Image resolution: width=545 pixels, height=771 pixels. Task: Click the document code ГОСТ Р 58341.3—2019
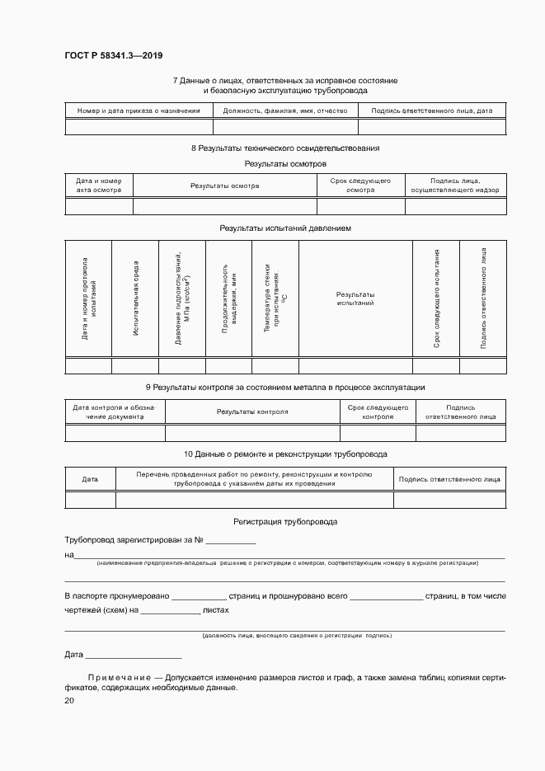click(x=114, y=55)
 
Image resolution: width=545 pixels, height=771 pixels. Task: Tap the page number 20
click(x=69, y=700)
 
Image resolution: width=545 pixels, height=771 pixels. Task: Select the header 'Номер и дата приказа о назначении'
click(x=139, y=110)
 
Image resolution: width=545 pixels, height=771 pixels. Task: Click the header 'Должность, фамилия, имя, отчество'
click(x=285, y=110)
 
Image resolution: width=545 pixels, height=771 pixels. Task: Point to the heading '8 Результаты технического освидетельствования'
click(x=284, y=148)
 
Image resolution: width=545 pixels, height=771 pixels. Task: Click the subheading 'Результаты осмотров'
click(x=284, y=164)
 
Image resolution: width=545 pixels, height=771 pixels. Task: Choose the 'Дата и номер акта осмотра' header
click(x=98, y=186)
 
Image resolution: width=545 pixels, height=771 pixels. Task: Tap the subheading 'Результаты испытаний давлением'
click(x=284, y=228)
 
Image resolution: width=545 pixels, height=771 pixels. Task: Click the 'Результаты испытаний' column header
click(x=355, y=299)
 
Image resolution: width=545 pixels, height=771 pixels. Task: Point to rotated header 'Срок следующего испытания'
click(x=436, y=299)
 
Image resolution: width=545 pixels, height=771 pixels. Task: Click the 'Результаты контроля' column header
click(x=251, y=411)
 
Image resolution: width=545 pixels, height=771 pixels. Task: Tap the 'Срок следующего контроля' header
click(x=378, y=411)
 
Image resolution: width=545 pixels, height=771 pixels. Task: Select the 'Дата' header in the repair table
click(x=90, y=479)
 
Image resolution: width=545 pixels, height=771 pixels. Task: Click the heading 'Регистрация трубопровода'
click(x=284, y=522)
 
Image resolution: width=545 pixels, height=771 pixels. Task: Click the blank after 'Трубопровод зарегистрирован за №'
click(x=231, y=541)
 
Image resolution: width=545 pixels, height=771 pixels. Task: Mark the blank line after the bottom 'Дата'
click(x=133, y=656)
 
